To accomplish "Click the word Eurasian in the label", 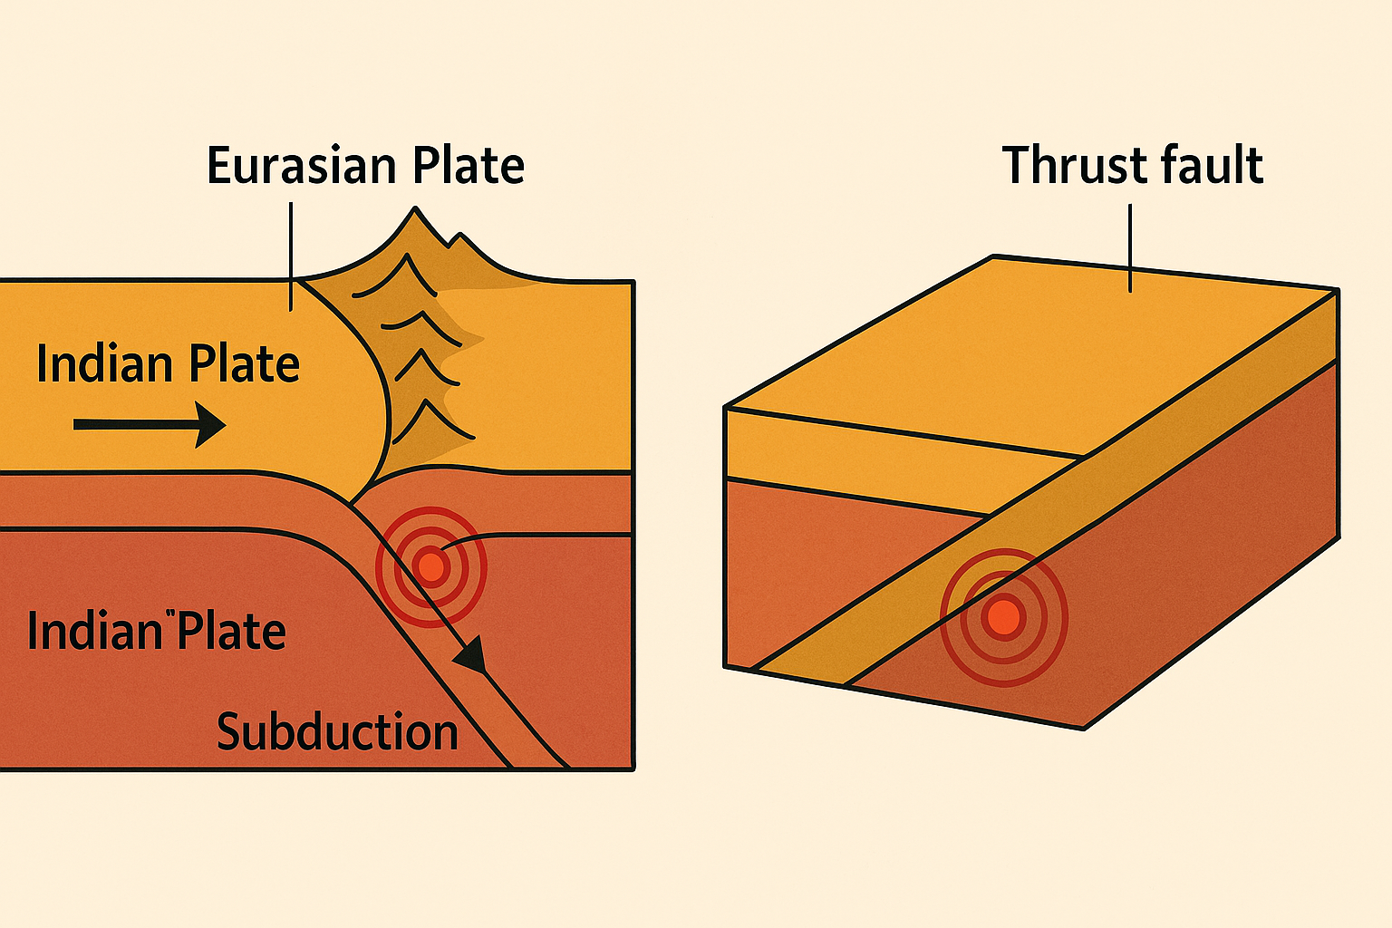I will (303, 166).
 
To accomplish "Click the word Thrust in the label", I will (1062, 166).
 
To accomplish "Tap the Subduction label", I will (337, 732).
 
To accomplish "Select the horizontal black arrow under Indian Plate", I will (150, 424).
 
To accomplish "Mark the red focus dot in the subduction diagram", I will (431, 566).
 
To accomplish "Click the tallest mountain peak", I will (416, 211).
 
